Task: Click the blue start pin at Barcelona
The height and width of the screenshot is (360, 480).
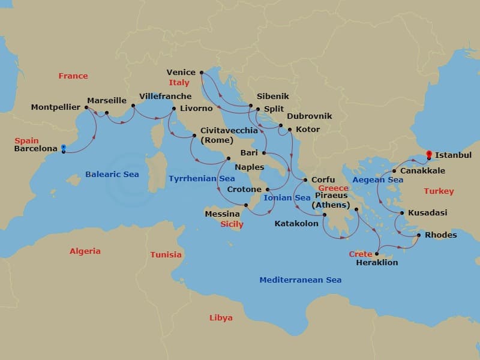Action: tap(63, 148)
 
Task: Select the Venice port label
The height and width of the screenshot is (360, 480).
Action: tap(181, 73)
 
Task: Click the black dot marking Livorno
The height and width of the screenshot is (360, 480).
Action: tap(174, 109)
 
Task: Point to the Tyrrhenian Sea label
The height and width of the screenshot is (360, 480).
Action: tap(202, 179)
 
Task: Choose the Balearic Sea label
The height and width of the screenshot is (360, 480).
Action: tap(112, 175)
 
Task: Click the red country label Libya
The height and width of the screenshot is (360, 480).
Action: tap(221, 317)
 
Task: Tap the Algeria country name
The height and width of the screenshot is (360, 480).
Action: tap(85, 251)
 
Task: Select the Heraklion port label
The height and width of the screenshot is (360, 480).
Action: tap(376, 262)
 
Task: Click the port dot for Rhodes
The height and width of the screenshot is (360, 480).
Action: tap(418, 235)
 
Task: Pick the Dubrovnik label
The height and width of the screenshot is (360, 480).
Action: tap(309, 116)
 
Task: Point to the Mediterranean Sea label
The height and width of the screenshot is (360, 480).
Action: tap(300, 280)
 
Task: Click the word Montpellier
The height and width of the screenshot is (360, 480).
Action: tap(55, 107)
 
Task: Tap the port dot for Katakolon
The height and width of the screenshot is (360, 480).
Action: tap(324, 215)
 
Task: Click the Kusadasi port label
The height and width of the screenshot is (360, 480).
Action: tap(427, 213)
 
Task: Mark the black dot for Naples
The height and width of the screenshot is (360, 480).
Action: tap(227, 159)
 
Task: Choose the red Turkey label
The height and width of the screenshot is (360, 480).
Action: tap(439, 191)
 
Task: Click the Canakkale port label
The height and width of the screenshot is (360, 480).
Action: tap(422, 171)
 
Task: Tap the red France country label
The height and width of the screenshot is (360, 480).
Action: tap(73, 76)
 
